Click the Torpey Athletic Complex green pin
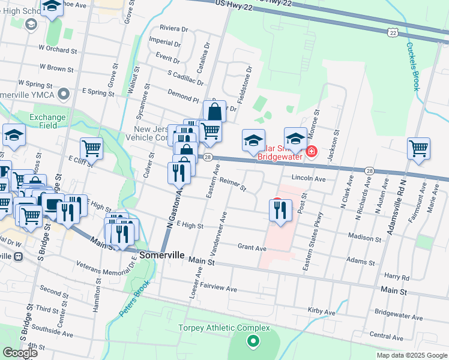tap(253, 342)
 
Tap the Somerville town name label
tap(161, 255)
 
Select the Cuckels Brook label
tap(411, 66)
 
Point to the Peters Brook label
tap(133, 300)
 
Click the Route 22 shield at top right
tap(392, 32)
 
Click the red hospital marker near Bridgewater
tap(311, 151)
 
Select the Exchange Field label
tap(43, 121)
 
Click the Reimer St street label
tap(233, 184)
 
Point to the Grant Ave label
tap(252, 247)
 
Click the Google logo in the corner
tap(20, 353)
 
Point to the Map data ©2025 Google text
tap(411, 355)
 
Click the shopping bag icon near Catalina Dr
tap(214, 111)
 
